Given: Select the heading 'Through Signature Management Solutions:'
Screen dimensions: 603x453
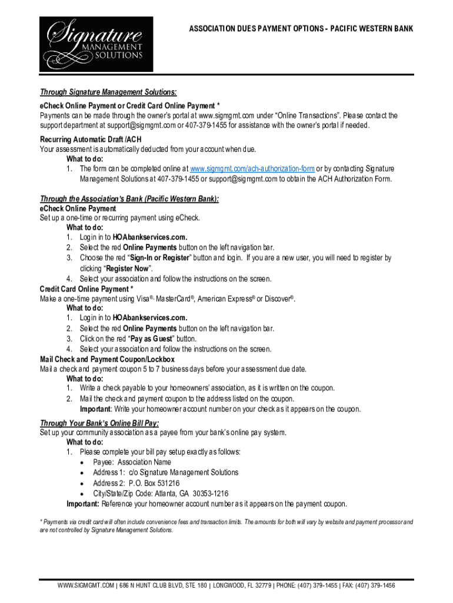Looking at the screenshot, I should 108,92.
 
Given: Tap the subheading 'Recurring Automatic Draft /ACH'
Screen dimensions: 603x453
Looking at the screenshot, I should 91,140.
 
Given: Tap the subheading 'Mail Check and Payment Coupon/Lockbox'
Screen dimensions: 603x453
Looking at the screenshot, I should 107,359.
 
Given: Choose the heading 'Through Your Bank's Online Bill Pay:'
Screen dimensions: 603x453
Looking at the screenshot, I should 99,423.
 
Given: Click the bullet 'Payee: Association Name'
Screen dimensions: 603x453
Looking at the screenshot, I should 132,462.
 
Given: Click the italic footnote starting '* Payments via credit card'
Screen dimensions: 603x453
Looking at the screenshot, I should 226,526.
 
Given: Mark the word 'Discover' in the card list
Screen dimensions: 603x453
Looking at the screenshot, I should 278,299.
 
